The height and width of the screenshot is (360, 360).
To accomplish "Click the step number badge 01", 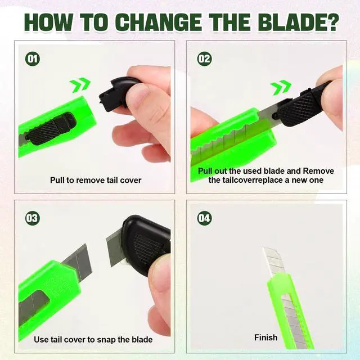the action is tap(33, 59).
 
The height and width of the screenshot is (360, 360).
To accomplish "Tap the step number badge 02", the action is tap(204, 59).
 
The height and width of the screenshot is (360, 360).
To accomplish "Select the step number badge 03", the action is tap(33, 218).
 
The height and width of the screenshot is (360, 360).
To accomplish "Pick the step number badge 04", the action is tap(204, 218).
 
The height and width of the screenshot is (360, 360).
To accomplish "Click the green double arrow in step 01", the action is tap(80, 85).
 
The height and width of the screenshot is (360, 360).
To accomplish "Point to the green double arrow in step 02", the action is tap(281, 87).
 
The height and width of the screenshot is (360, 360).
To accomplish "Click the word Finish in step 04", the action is tap(266, 337).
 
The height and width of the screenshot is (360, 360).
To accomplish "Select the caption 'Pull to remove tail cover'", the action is tap(96, 180).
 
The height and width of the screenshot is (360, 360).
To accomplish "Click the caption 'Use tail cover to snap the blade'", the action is tap(93, 340).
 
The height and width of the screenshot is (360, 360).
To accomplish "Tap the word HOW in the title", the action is tap(48, 22).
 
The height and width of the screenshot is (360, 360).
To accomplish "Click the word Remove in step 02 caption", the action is tap(318, 171).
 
